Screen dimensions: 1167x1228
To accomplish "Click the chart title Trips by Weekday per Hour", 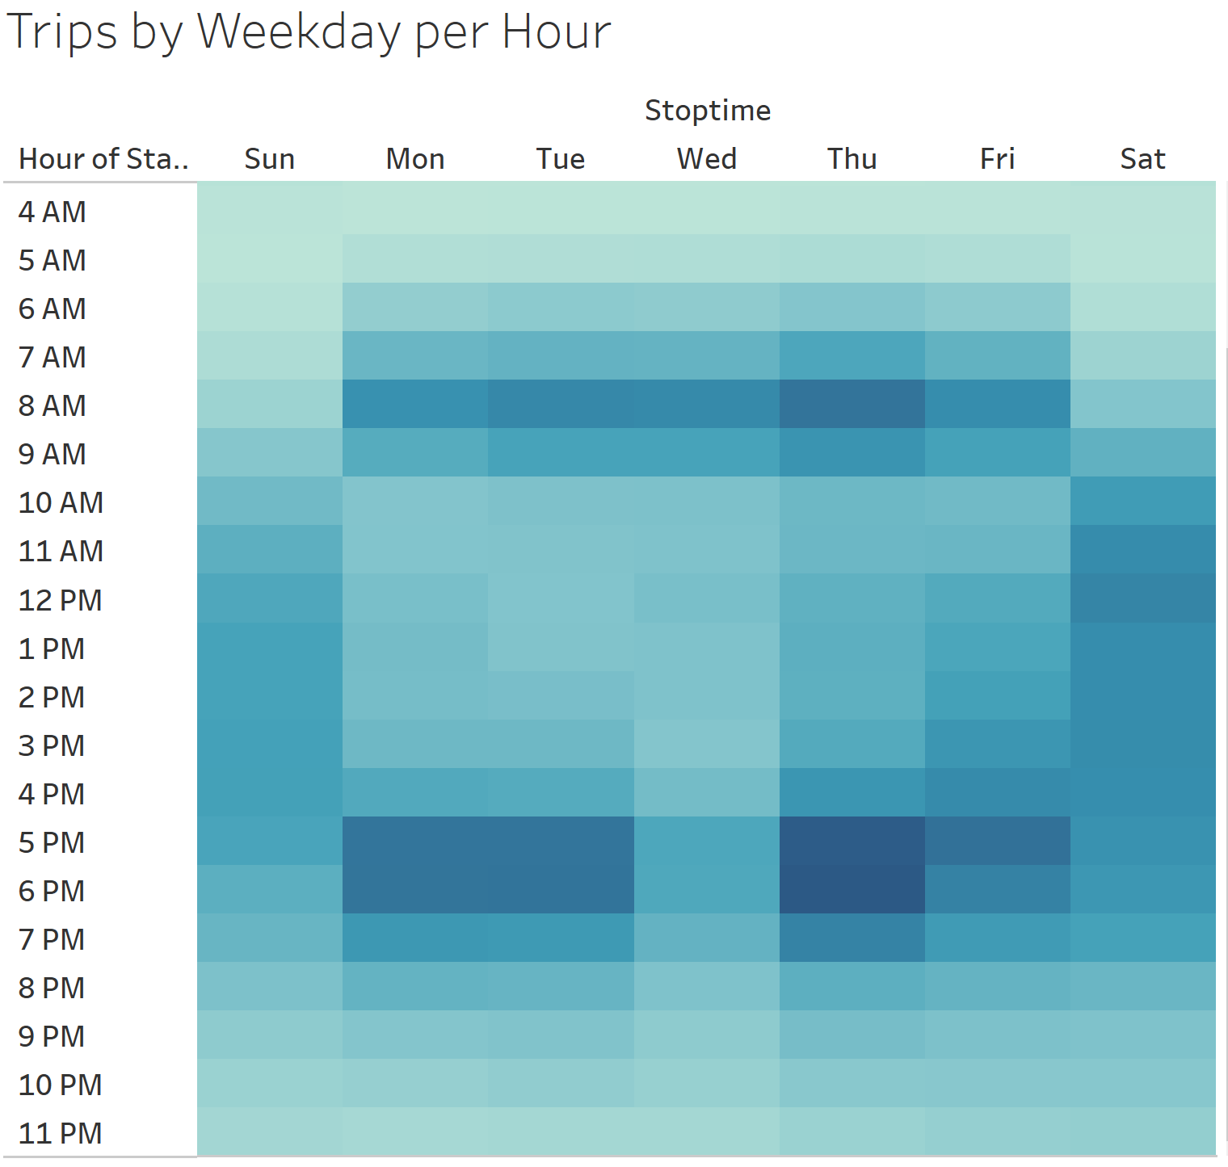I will click(x=309, y=32).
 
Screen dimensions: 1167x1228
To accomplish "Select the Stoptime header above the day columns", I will click(x=708, y=111).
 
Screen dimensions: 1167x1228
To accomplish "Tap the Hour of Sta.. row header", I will click(x=103, y=159).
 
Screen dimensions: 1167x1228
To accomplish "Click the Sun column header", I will click(x=270, y=159).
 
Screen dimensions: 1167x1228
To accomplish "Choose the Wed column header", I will click(x=707, y=159).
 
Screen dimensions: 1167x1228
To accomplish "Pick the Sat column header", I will click(x=1142, y=159).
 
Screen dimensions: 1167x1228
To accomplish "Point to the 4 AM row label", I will click(x=53, y=212).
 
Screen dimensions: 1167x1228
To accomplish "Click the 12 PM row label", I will click(x=61, y=600).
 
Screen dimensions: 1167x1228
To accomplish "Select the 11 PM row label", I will click(x=61, y=1133).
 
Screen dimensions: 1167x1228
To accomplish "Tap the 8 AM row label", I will click(x=53, y=405).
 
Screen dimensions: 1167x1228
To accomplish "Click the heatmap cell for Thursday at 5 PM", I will click(x=852, y=841).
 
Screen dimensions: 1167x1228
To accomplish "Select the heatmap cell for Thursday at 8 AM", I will click(x=852, y=404).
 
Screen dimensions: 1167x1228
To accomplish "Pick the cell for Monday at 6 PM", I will click(x=415, y=889).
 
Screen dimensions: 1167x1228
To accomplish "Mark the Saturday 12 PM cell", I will click(x=1143, y=598).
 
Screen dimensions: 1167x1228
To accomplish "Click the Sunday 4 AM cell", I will click(x=270, y=208).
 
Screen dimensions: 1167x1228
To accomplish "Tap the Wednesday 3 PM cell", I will click(x=707, y=744).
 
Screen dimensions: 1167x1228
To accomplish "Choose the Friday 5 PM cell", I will click(x=998, y=841).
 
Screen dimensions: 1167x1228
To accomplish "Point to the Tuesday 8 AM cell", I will click(x=561, y=404).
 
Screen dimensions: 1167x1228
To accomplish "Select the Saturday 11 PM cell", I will click(x=1143, y=1131).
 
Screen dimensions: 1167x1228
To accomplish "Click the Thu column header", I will click(x=852, y=159).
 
